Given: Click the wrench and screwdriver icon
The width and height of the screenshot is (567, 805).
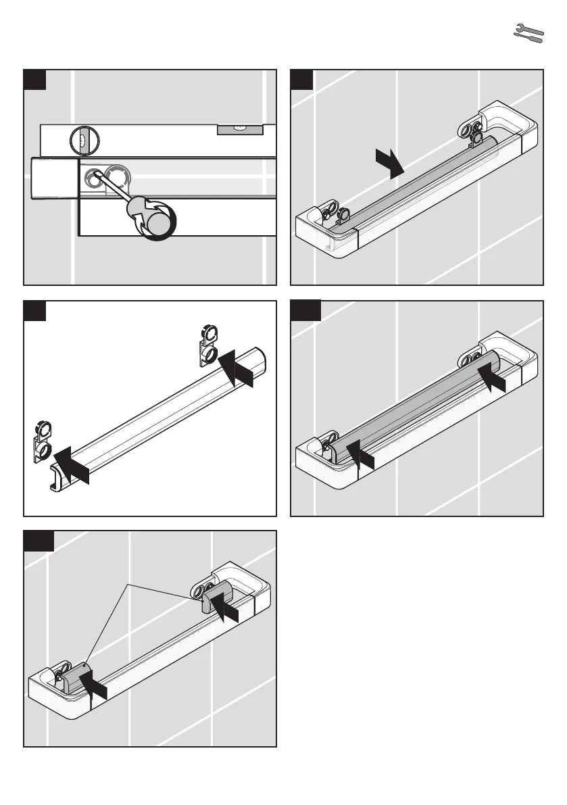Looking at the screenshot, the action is tap(528, 34).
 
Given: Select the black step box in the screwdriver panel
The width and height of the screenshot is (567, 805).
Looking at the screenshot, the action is tap(34, 79).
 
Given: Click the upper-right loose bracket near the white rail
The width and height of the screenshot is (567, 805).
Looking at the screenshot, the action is tap(207, 345).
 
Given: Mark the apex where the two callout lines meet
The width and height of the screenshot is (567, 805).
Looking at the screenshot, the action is tap(127, 583).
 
